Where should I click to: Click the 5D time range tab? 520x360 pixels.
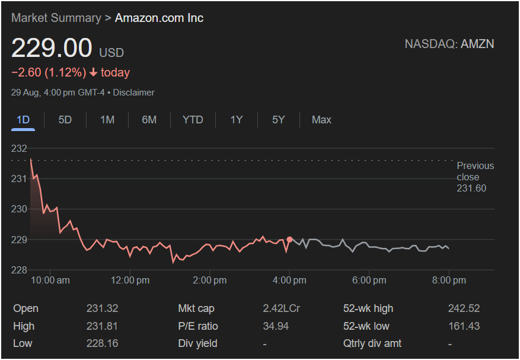pos(65,120)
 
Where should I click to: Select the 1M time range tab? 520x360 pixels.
pos(107,120)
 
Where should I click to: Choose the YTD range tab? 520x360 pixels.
pos(193,120)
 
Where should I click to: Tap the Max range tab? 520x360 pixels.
pos(321,120)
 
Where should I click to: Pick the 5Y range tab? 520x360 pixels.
pos(279,120)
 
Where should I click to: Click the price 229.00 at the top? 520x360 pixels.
pos(52,49)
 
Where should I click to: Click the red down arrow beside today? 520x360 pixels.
pos(93,73)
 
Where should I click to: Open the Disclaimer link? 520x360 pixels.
pos(133,93)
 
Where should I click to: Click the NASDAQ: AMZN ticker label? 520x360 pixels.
pos(449,44)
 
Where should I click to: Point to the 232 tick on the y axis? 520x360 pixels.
pos(20,148)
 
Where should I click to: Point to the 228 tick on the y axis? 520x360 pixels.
pos(20,270)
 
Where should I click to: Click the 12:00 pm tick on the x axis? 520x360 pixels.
pos(130,281)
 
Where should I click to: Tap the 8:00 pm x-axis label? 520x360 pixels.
pos(448,281)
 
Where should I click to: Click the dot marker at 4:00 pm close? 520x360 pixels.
pos(289,240)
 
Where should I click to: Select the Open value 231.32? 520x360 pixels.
pos(102,308)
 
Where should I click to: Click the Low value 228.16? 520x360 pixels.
pos(102,343)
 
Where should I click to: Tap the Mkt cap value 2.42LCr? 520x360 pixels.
pos(281,308)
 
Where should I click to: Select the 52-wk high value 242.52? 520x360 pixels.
pos(464,308)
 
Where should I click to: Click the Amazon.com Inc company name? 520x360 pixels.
pos(159,18)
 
